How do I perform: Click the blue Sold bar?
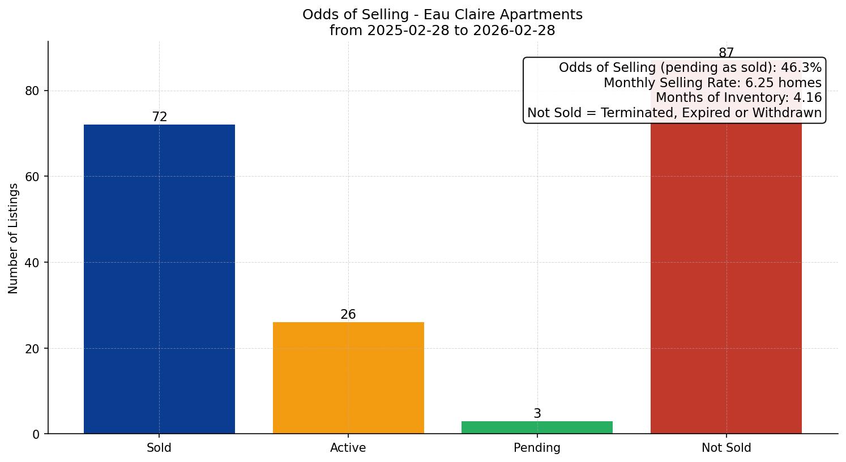(159, 279)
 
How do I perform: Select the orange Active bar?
(348, 378)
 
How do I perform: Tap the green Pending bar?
(537, 427)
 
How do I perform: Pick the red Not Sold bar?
(726, 277)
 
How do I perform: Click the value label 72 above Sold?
(160, 117)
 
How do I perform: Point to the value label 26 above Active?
(348, 315)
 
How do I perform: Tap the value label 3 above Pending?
(537, 414)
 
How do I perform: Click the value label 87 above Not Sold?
(726, 53)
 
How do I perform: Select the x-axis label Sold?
(159, 448)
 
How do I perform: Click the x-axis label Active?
(348, 448)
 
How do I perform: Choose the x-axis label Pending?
(537, 448)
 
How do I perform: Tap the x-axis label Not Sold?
(726, 448)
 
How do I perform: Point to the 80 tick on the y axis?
(32, 91)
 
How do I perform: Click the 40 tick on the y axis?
(32, 263)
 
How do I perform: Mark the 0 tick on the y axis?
(36, 434)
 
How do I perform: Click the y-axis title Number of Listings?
(14, 238)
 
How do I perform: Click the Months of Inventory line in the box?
(738, 98)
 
